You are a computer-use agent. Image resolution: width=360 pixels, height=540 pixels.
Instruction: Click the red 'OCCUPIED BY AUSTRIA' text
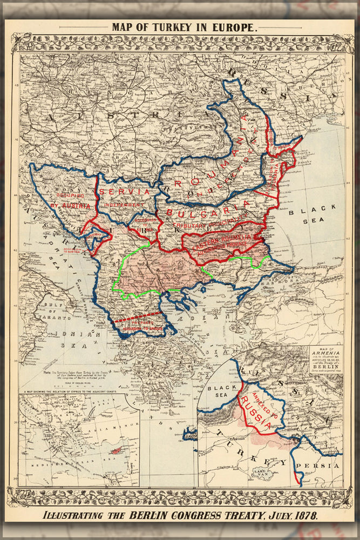(x=69, y=200)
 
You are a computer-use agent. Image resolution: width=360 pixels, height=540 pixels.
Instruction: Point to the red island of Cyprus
(x=114, y=450)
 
